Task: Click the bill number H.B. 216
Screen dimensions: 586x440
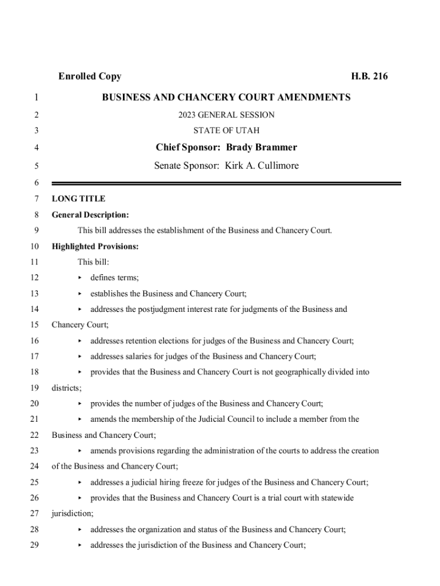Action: [369, 77]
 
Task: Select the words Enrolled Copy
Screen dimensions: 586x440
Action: [90, 77]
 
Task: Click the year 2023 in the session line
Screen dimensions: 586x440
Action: [187, 115]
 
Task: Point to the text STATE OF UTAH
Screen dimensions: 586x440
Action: [226, 131]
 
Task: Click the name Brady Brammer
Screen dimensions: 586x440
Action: [262, 148]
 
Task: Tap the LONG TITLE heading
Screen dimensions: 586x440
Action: [78, 199]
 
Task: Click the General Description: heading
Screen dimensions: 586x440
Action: [90, 215]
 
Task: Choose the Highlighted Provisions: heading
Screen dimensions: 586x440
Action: [95, 247]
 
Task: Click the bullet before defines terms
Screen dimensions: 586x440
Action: [79, 278]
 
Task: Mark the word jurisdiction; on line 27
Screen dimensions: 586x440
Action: [73, 514]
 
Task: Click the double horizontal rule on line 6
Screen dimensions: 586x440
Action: [226, 183]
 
